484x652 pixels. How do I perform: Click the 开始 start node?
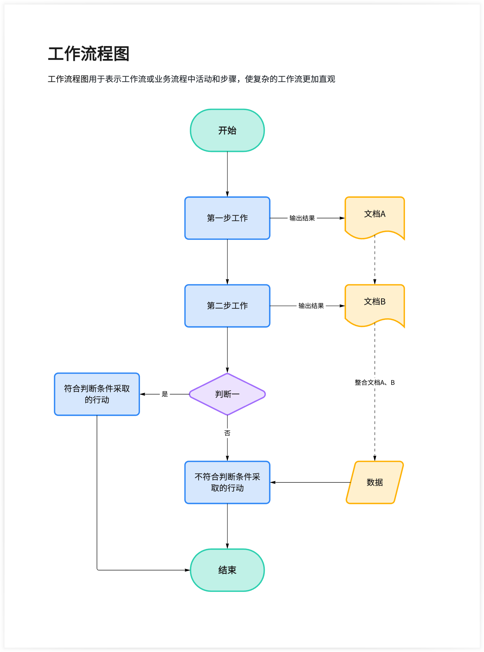click(x=227, y=130)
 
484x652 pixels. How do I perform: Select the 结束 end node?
click(x=227, y=570)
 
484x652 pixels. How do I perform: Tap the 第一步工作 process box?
click(x=227, y=218)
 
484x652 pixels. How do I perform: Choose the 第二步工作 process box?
click(x=227, y=306)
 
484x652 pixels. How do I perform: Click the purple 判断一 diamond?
click(x=227, y=394)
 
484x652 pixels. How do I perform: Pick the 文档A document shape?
click(x=374, y=215)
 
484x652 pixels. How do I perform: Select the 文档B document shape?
click(x=374, y=303)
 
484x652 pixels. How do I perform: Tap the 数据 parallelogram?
click(x=374, y=482)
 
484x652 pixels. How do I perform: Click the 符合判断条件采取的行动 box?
click(x=97, y=394)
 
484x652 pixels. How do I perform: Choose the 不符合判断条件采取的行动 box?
click(x=227, y=482)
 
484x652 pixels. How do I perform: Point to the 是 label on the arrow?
click(x=165, y=394)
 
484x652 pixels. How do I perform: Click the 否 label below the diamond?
click(x=227, y=433)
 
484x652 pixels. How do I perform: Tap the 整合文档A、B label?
click(x=374, y=382)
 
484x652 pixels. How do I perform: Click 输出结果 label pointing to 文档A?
click(x=302, y=218)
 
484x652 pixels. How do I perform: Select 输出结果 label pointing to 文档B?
click(x=311, y=306)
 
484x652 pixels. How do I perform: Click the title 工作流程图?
click(x=89, y=54)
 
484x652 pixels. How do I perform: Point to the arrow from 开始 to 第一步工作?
click(x=227, y=174)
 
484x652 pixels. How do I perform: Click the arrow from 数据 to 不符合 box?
click(x=311, y=482)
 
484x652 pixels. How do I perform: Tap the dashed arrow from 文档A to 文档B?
click(x=374, y=261)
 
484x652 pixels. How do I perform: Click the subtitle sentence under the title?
click(x=191, y=79)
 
